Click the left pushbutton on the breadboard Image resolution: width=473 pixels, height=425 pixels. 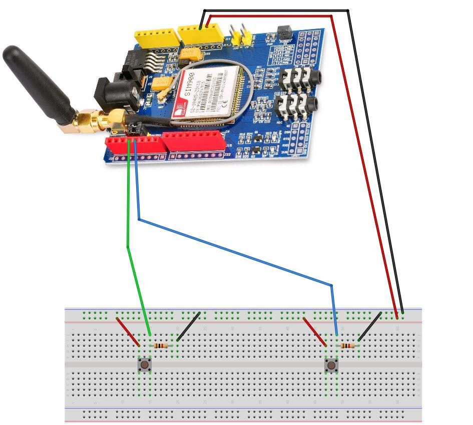145,364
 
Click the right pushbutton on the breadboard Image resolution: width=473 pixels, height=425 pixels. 331,365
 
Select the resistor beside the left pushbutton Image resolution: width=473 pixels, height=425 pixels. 161,345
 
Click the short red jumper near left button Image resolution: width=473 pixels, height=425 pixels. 128,331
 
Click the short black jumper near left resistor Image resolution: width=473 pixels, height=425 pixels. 189,327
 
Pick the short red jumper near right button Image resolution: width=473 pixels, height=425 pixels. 315,331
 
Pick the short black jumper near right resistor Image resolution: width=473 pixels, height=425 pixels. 369,326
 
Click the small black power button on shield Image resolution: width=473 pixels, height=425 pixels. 284,31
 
